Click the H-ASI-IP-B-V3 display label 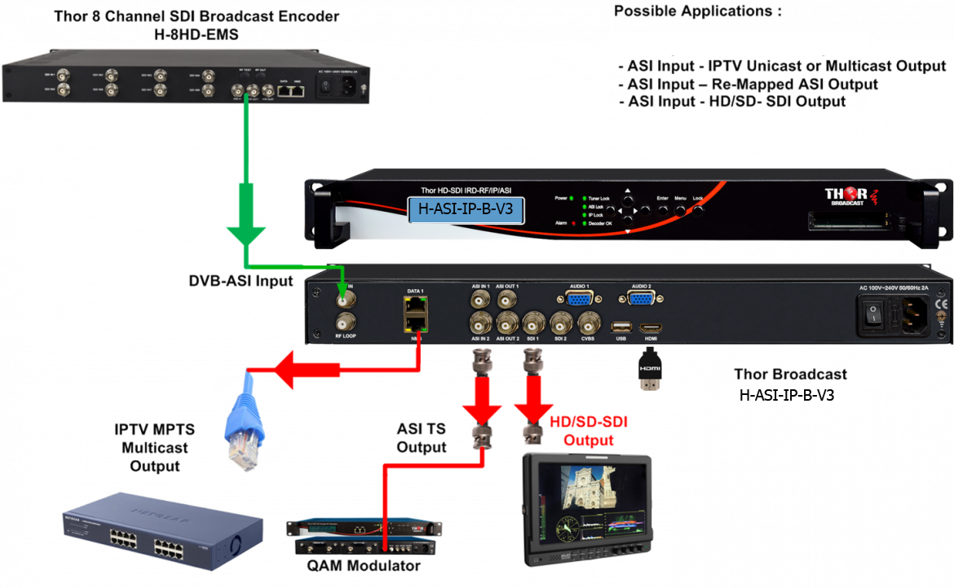click(465, 208)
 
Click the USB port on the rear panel click(619, 327)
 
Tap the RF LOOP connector click(347, 320)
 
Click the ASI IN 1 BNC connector click(481, 300)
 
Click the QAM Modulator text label click(364, 565)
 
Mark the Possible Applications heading click(697, 11)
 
